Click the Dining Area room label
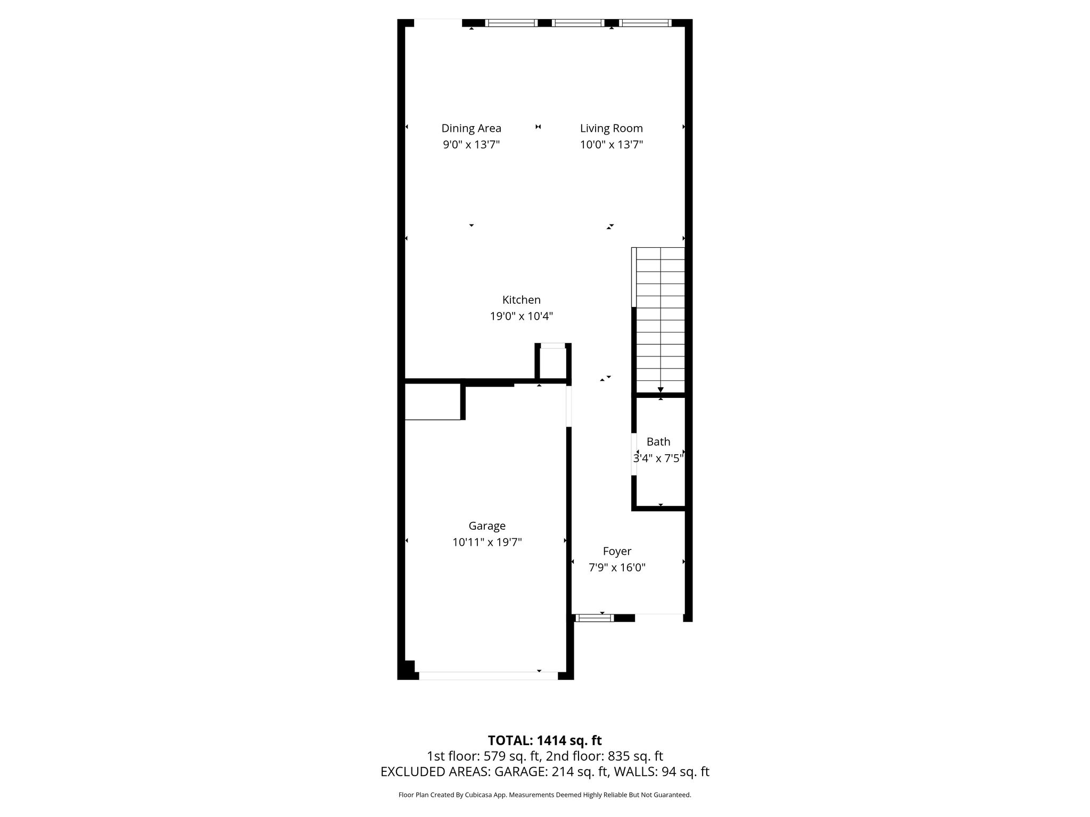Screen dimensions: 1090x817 pos(471,128)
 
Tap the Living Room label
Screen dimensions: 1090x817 pos(611,128)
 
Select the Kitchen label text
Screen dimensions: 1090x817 pos(521,300)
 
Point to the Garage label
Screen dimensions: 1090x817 pos(486,526)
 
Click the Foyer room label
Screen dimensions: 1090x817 pos(617,552)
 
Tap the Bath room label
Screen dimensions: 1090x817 pos(658,441)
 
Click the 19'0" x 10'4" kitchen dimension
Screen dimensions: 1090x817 pos(521,316)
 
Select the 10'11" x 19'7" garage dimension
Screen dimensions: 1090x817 pos(486,543)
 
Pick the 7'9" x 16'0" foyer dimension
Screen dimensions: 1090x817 pos(617,568)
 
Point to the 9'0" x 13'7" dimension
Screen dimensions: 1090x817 pos(471,145)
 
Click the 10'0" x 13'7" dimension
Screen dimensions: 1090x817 pos(611,145)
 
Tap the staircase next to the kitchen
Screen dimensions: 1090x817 pos(658,321)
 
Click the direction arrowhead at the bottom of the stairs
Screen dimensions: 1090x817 pos(660,390)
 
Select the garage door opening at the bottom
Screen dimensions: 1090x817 pos(488,676)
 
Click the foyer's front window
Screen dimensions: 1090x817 pos(594,618)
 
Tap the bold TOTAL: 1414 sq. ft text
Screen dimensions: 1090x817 pos(544,740)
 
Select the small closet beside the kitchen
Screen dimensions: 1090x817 pos(553,364)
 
